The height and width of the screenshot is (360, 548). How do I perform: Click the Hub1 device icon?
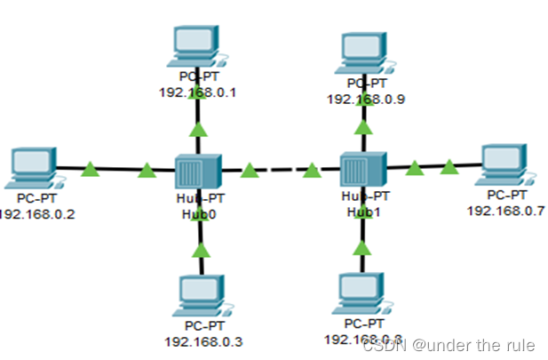click(x=362, y=169)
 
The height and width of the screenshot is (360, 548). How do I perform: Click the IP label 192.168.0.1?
click(x=198, y=92)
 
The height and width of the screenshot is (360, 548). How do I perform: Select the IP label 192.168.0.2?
click(x=36, y=214)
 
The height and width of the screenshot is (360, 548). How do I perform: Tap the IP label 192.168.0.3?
click(x=203, y=340)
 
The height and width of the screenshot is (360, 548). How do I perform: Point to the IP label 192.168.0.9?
click(x=366, y=99)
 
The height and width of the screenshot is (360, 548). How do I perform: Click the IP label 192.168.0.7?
click(x=505, y=210)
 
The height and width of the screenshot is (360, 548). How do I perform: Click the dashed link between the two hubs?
click(x=279, y=169)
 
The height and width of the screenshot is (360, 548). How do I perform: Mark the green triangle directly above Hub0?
click(x=198, y=131)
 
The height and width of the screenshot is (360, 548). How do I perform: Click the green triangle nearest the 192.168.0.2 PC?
click(x=90, y=169)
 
